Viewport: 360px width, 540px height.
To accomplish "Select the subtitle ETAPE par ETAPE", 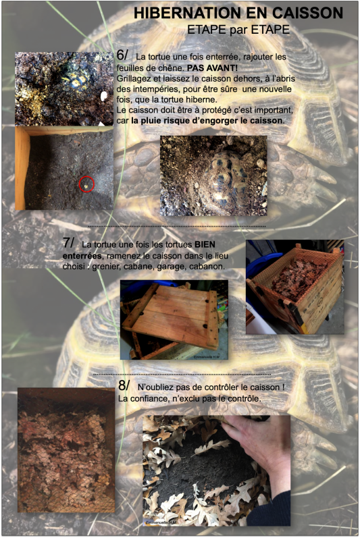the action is tap(238, 30).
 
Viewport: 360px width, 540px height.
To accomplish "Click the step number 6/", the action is tap(122, 55).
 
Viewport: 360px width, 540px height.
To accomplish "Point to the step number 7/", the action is tap(68, 242).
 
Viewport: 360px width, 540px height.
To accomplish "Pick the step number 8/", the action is tap(124, 385).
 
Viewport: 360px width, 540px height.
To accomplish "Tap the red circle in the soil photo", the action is tap(86, 184).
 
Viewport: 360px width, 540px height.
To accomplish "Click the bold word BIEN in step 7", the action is tap(205, 244).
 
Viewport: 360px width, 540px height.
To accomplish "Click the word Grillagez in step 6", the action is tap(132, 79).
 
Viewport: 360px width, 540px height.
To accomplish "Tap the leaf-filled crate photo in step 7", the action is tap(295, 287).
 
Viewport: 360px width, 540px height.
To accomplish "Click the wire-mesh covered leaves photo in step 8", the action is tap(66, 450).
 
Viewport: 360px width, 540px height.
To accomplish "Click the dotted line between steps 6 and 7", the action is tap(177, 226).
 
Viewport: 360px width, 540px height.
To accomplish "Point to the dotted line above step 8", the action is tap(182, 374).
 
